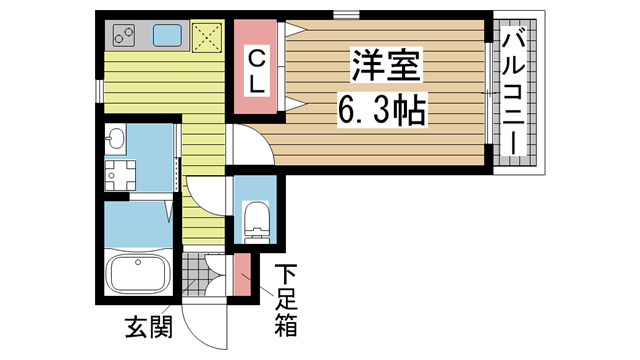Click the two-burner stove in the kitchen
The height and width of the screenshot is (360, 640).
(x=126, y=36)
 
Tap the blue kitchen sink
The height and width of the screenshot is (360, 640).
(x=167, y=36)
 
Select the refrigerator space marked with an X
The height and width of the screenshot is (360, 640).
(x=209, y=36)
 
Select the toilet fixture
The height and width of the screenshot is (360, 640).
(x=257, y=219)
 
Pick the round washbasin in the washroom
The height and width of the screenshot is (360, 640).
(x=117, y=137)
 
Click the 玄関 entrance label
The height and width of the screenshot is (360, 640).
(x=147, y=326)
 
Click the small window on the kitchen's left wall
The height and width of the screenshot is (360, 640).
(x=100, y=90)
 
